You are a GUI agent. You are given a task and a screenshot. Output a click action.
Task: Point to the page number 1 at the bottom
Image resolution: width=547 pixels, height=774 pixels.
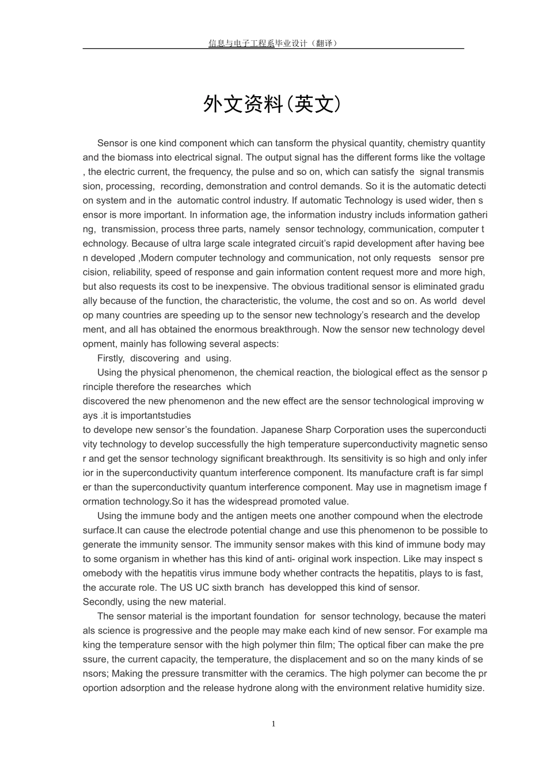(x=273, y=724)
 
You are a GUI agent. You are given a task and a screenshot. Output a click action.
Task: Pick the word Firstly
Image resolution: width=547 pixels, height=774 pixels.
(x=111, y=358)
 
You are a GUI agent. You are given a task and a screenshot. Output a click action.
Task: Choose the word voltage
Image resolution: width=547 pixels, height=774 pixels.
(x=469, y=157)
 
